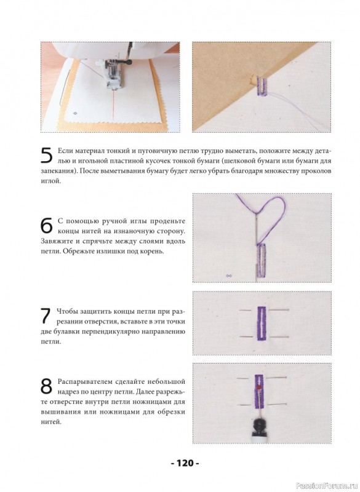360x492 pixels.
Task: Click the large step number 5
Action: tap(47, 155)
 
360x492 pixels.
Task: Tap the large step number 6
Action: tap(47, 225)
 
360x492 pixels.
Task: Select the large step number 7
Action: tap(46, 315)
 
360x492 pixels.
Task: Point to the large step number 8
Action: tap(46, 386)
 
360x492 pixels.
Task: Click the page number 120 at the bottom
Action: tap(185, 463)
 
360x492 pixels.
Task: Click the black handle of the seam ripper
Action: tap(260, 427)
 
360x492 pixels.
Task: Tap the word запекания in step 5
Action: tap(55, 172)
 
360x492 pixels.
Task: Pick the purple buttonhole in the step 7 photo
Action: tap(262, 323)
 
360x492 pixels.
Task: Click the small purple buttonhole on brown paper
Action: tap(262, 85)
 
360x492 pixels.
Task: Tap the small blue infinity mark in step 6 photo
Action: tap(229, 276)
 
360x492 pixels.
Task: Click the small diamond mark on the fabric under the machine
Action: tap(75, 113)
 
